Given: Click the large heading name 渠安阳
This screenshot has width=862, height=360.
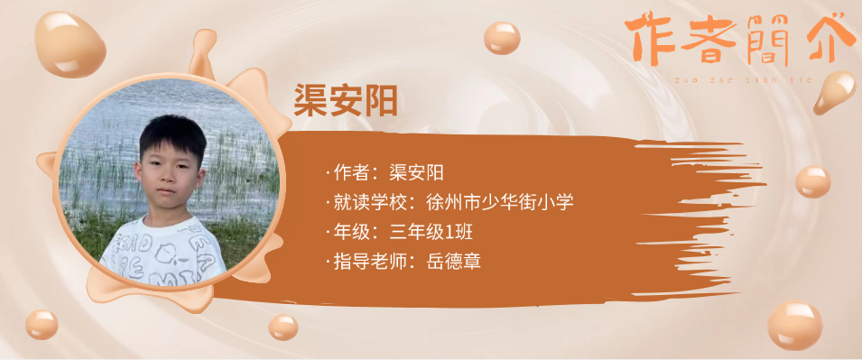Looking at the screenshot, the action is (x=345, y=100).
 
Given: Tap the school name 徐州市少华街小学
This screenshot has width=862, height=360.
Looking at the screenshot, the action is (x=500, y=202).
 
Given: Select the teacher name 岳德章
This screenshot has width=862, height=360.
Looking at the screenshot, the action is (x=453, y=261).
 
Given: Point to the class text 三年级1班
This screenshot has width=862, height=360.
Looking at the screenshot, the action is (x=431, y=232).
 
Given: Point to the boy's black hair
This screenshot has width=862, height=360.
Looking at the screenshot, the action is (x=172, y=137).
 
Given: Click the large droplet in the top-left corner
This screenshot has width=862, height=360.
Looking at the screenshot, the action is (x=70, y=44).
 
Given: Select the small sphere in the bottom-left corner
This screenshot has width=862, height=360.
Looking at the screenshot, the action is (x=42, y=324).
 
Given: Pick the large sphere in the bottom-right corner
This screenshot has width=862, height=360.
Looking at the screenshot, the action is (x=795, y=325).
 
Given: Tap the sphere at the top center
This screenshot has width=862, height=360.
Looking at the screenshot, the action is (x=502, y=38).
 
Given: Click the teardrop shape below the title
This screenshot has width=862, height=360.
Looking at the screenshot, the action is (x=835, y=92).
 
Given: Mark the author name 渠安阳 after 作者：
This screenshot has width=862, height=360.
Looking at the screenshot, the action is (x=416, y=172).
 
